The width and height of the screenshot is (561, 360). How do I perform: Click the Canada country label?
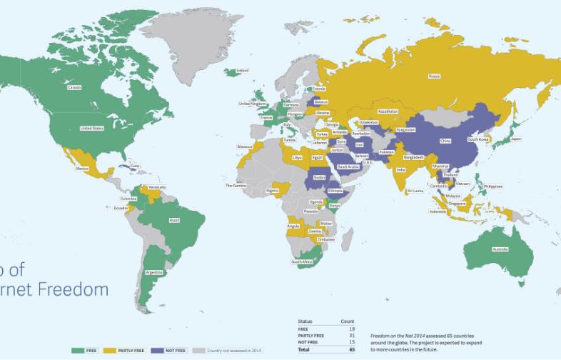(74, 88)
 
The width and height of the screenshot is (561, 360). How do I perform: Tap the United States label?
(92, 129)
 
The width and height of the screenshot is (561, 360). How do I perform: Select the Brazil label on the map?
(174, 221)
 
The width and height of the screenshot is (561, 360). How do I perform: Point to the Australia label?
(500, 249)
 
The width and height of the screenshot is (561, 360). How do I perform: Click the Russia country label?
(434, 76)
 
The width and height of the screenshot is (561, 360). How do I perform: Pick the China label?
(445, 141)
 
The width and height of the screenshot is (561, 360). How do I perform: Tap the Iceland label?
(243, 71)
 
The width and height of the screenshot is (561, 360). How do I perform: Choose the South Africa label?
(303, 262)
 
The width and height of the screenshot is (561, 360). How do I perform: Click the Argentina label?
(155, 272)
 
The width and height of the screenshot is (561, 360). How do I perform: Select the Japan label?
(515, 139)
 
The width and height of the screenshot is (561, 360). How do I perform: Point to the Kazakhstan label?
(388, 111)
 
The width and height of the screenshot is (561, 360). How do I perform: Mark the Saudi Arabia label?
(358, 166)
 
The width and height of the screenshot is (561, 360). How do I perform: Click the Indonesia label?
(438, 211)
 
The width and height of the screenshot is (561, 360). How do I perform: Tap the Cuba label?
(135, 166)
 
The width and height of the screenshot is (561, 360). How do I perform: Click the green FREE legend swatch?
(79, 351)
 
